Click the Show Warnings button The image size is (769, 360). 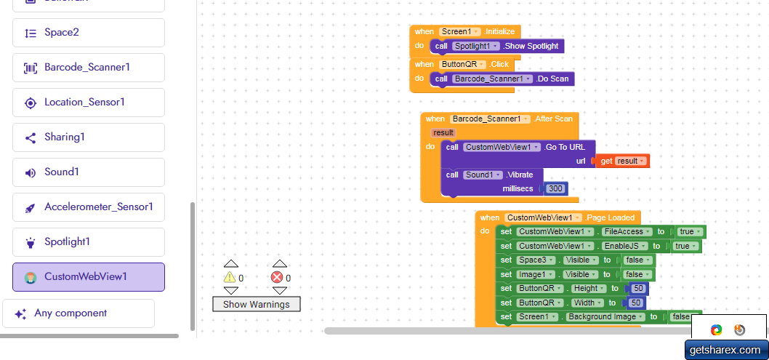tap(256, 304)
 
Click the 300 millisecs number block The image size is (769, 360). tap(555, 188)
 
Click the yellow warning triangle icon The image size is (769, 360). tap(230, 277)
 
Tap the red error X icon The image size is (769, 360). tap(277, 277)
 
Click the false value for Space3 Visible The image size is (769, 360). tap(637, 260)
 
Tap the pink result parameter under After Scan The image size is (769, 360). tap(443, 132)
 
